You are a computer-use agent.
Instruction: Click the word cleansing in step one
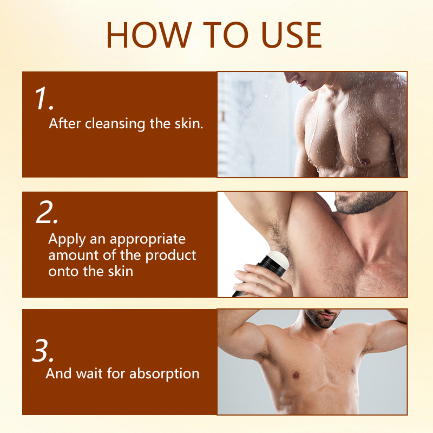pyautogui.click(x=113, y=123)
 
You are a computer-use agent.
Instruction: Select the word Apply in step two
pyautogui.click(x=64, y=239)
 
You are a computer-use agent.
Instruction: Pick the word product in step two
pyautogui.click(x=173, y=254)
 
